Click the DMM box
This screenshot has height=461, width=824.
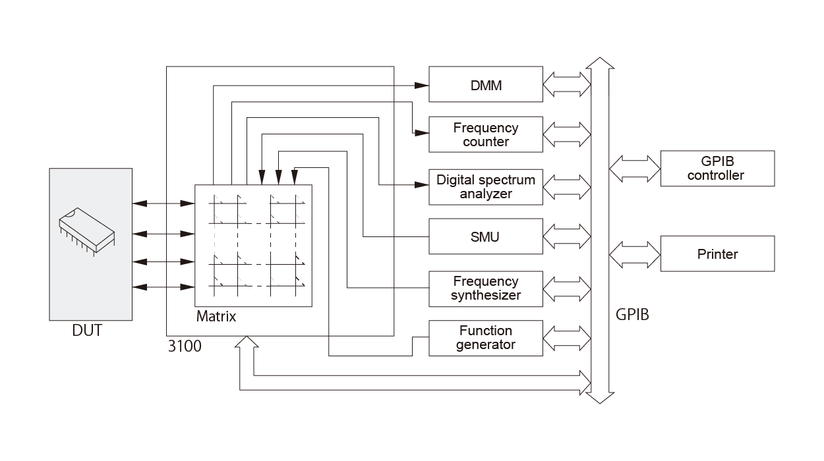[x=486, y=84]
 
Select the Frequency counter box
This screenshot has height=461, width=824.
[x=486, y=134]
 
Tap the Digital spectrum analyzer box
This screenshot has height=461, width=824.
[x=486, y=186]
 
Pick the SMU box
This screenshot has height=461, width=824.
[x=486, y=236]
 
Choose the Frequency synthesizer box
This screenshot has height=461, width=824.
[x=486, y=288]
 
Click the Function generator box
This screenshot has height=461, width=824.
[x=486, y=338]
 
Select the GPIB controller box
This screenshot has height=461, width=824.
[x=717, y=169]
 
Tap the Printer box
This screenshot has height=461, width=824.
[x=717, y=254]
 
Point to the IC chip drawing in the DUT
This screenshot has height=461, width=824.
[x=86, y=230]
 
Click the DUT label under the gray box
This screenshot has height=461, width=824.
[x=87, y=331]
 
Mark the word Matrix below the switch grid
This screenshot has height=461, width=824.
[x=216, y=317]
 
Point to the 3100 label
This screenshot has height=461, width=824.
[x=185, y=346]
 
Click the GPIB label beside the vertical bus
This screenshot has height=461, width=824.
[x=632, y=314]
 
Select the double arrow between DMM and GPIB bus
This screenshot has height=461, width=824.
[x=566, y=84]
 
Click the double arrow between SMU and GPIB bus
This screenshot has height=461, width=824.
[x=566, y=236]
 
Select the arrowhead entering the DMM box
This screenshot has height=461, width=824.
[x=423, y=85]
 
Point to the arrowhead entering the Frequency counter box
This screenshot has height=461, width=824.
[x=423, y=133]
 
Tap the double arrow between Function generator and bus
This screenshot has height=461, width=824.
[x=566, y=338]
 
